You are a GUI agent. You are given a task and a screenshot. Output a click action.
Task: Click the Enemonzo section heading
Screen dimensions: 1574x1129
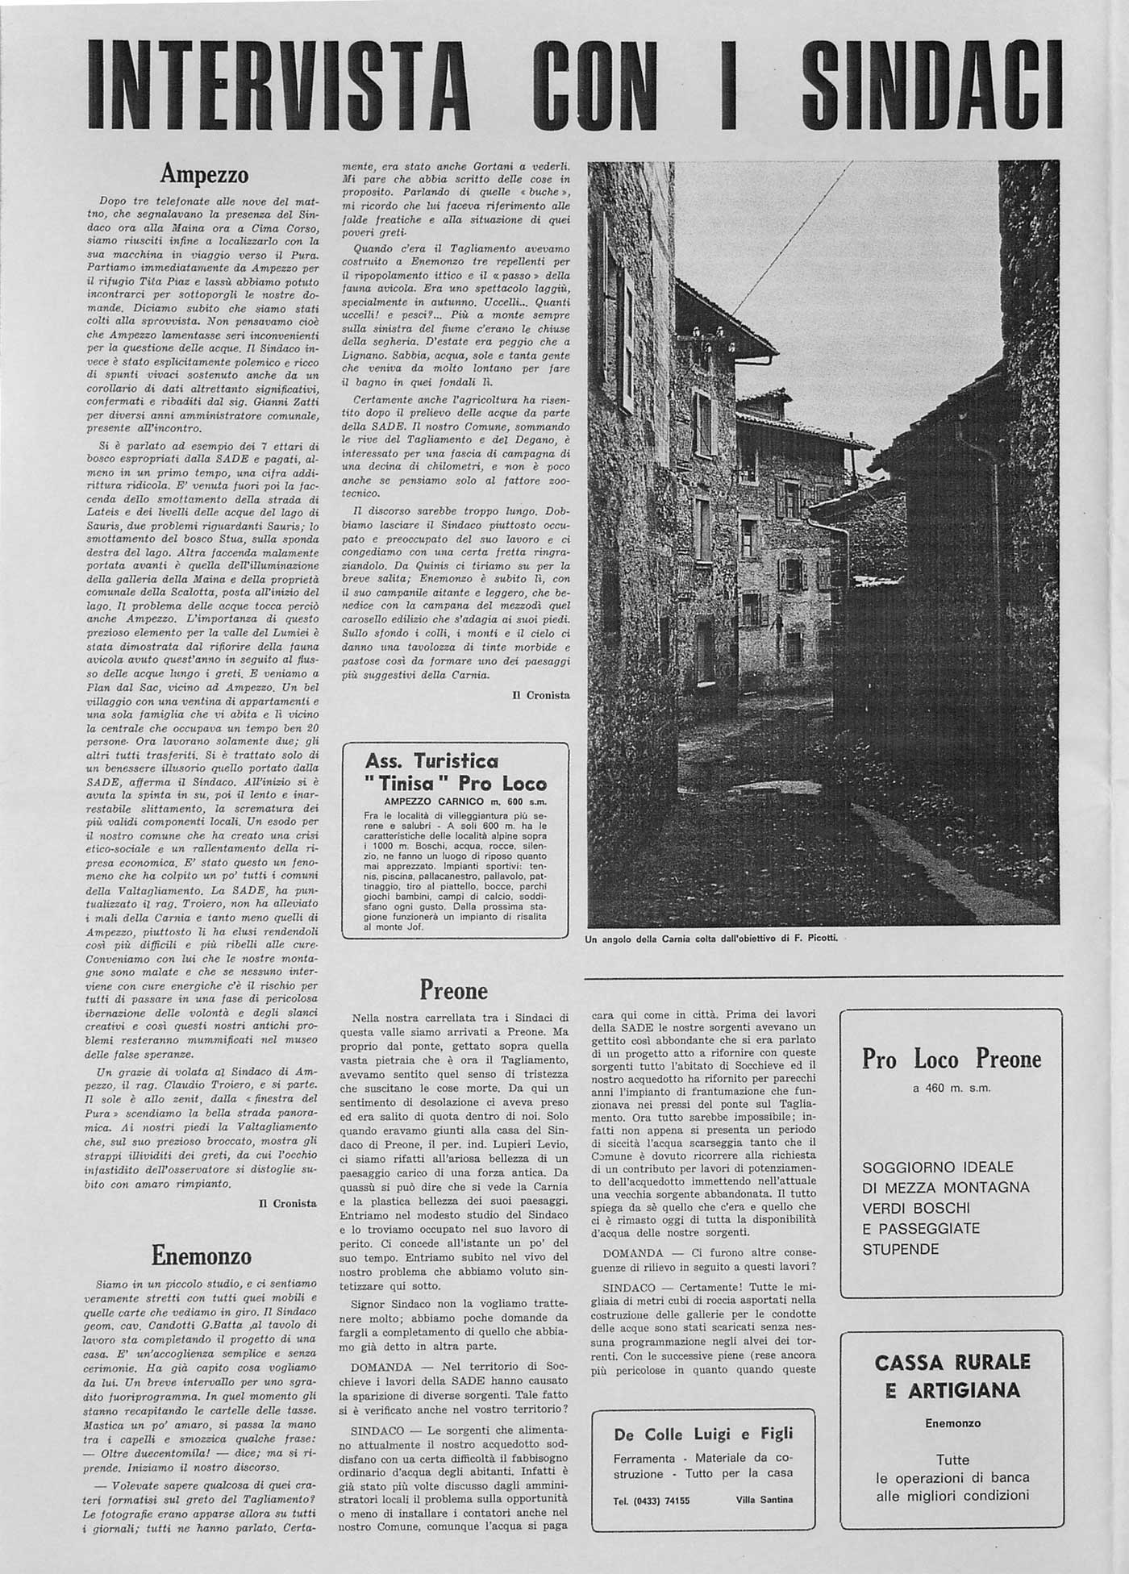tap(201, 1255)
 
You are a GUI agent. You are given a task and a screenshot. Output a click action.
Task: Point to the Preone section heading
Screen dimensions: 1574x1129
tap(453, 990)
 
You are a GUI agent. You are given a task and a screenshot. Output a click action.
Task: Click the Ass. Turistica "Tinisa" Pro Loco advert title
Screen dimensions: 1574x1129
tap(455, 772)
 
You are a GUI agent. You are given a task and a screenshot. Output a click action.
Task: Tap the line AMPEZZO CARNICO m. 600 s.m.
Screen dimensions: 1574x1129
tap(454, 802)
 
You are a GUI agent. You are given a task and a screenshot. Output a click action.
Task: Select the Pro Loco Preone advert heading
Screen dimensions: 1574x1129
tap(952, 1059)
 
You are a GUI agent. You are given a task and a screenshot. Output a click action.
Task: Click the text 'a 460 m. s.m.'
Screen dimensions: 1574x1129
tap(952, 1088)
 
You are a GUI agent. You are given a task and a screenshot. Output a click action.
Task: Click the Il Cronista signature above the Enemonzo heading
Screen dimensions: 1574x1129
tap(287, 1203)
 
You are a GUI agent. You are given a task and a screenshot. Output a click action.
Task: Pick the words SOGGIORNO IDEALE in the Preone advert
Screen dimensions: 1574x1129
tap(937, 1167)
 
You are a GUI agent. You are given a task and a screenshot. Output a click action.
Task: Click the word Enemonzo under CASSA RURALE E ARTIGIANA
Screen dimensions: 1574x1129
tap(952, 1423)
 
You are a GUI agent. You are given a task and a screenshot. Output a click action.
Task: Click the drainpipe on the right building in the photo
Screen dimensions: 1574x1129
tap(994, 500)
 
